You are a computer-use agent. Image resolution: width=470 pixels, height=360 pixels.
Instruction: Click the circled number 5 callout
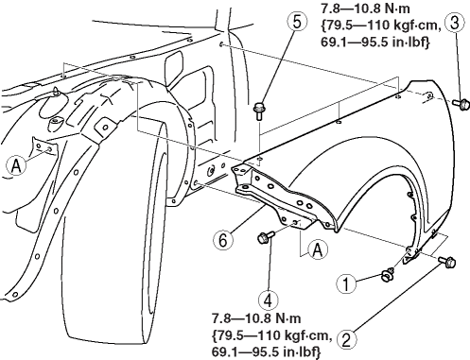pos(297,22)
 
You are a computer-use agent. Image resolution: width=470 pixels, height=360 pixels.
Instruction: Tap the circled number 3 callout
pos(454,23)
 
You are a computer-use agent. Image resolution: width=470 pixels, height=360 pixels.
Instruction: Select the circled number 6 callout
pos(223,241)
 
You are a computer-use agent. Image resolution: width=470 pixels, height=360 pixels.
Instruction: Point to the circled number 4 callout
pos(268,300)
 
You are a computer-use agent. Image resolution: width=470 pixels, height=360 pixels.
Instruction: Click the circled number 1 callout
pos(346,283)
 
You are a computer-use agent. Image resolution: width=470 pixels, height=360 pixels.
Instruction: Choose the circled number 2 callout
pos(346,340)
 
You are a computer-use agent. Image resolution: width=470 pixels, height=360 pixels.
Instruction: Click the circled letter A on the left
pos(15,165)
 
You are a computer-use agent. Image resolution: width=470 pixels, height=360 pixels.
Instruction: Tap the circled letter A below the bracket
pos(318,250)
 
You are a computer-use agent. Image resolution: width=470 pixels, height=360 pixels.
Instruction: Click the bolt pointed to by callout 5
pos(259,111)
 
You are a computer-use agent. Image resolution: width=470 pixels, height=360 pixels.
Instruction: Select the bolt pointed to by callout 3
pos(461,104)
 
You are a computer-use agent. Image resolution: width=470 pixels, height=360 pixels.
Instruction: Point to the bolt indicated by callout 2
pos(447,261)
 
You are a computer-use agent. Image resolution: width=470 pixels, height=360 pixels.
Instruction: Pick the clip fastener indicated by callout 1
pos(388,275)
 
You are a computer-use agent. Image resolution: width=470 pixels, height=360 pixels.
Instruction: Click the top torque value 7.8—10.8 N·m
pos(366,9)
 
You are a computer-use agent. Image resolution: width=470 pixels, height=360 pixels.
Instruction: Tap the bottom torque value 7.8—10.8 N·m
pos(256,318)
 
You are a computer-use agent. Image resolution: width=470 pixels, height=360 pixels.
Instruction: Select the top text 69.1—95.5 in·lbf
pos(375,42)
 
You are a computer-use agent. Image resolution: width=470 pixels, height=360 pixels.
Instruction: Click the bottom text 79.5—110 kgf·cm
pos(271,335)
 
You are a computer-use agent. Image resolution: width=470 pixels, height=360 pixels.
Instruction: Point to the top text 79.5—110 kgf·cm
pos(381,26)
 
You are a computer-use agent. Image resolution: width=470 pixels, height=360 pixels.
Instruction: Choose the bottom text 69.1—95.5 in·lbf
pos(266,351)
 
